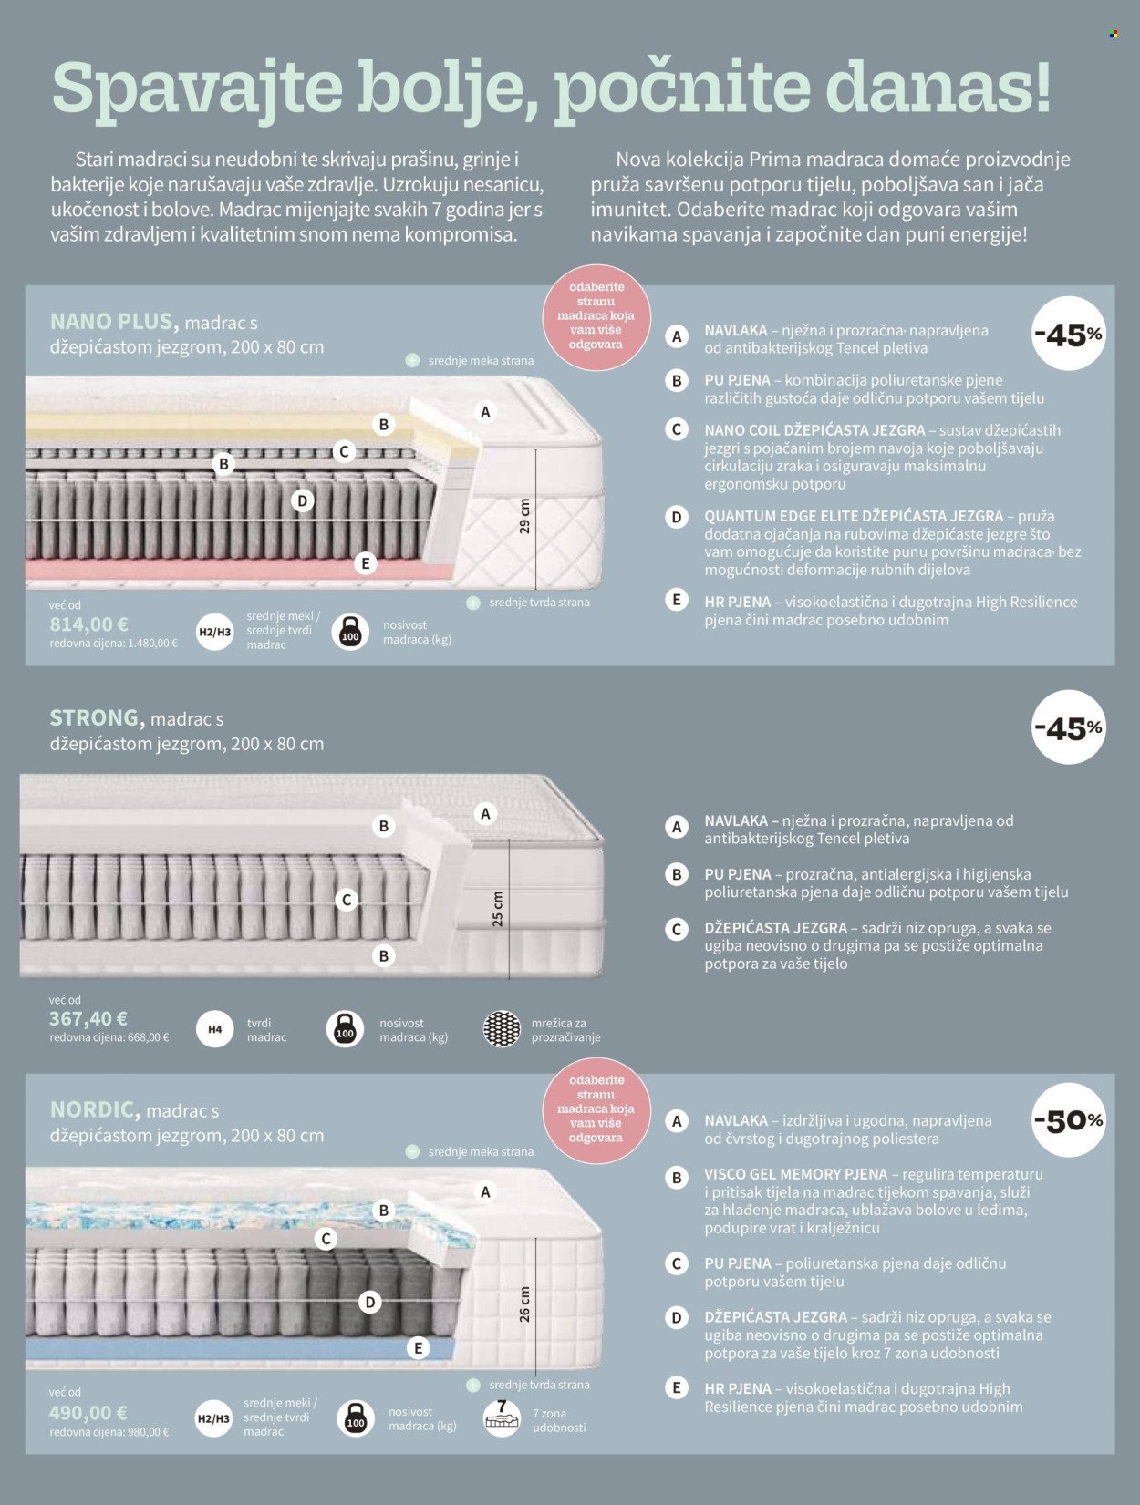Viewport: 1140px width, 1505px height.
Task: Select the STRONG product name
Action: [97, 718]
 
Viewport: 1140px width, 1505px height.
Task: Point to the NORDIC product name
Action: [96, 1109]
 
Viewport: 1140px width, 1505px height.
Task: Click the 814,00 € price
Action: [89, 624]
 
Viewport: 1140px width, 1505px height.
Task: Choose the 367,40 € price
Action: [88, 1019]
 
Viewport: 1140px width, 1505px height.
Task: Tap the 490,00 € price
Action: [88, 1413]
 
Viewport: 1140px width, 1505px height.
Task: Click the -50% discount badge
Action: [1069, 1120]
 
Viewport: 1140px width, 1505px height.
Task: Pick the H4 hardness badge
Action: [214, 1029]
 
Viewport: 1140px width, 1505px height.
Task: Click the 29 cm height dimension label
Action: [524, 516]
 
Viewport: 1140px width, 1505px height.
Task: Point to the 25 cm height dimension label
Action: [498, 909]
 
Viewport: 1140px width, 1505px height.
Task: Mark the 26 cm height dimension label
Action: [524, 1304]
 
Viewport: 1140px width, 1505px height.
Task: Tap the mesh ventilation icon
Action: [503, 1028]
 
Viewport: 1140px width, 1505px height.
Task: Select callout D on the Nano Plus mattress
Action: [303, 500]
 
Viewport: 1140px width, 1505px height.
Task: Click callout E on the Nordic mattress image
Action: [418, 1349]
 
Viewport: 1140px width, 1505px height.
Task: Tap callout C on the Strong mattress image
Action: [347, 900]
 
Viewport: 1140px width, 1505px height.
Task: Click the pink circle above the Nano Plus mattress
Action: [596, 316]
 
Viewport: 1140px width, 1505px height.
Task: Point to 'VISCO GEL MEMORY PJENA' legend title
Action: [795, 1174]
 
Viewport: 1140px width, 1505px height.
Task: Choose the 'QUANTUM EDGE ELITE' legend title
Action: [854, 516]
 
